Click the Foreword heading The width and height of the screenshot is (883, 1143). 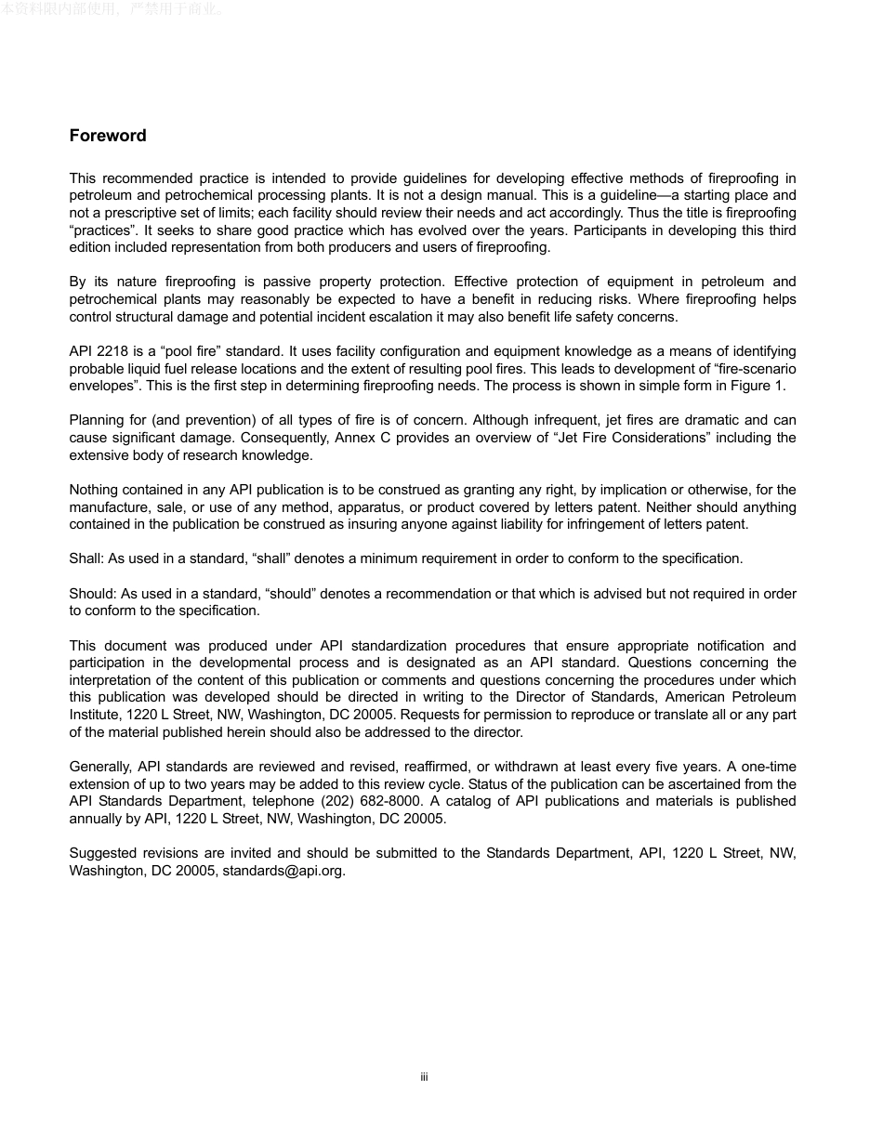pos(108,136)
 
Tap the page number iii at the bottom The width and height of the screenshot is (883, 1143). pos(424,1077)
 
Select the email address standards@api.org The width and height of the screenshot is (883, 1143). pos(283,871)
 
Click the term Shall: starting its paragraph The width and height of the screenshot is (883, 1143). pos(86,558)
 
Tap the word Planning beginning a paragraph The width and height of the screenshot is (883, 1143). pos(97,420)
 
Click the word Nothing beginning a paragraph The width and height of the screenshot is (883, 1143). pos(96,490)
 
